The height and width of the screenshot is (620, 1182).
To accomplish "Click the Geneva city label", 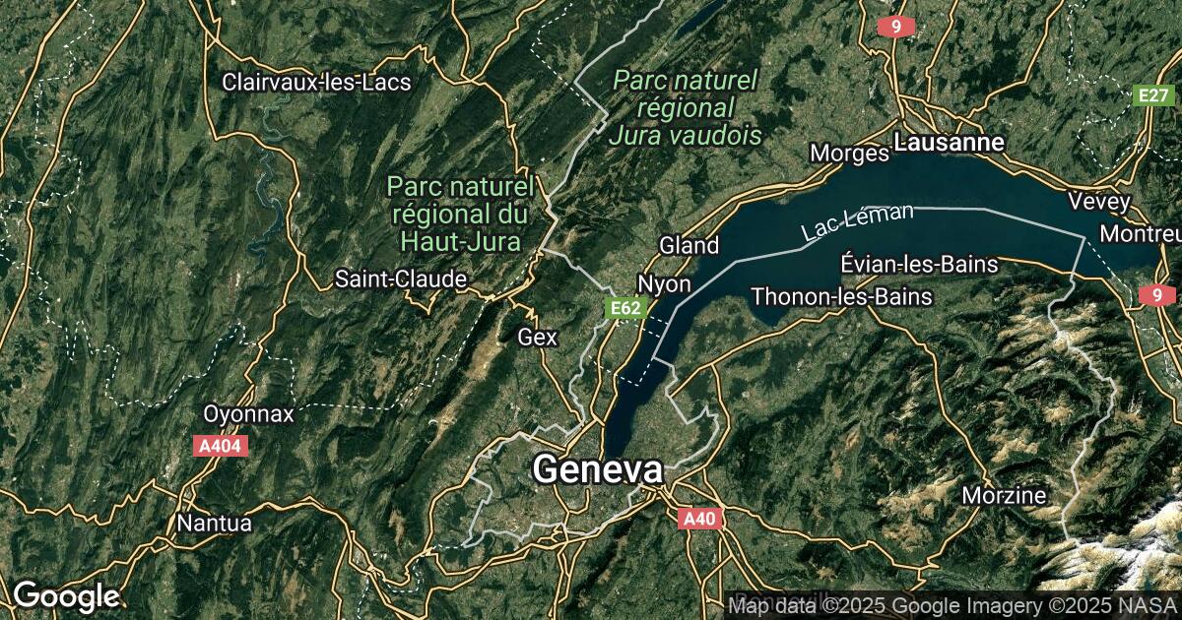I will [597, 469].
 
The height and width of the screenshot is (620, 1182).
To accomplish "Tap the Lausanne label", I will [950, 143].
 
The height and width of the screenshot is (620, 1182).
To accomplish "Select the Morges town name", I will [849, 154].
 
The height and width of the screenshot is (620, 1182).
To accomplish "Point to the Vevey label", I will [1099, 201].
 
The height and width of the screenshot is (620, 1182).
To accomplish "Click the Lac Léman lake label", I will [857, 222].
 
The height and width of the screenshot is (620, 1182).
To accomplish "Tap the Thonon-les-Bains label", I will [841, 295].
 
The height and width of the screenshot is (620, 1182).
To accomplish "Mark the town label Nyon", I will [664, 283].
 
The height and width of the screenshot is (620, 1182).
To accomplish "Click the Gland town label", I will [689, 245].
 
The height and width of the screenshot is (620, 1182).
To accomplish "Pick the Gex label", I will [538, 338].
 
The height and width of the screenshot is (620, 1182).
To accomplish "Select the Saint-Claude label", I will [401, 279].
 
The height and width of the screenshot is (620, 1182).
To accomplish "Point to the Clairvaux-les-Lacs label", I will [316, 82].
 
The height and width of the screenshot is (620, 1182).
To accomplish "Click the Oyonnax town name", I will [248, 413].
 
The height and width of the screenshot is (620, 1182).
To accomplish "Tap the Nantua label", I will [214, 523].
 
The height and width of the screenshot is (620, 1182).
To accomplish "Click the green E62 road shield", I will [625, 309].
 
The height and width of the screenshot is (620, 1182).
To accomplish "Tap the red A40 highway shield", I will [700, 519].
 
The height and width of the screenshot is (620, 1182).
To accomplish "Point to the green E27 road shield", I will [1153, 94].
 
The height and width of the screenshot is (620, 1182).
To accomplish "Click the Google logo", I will [66, 595].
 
